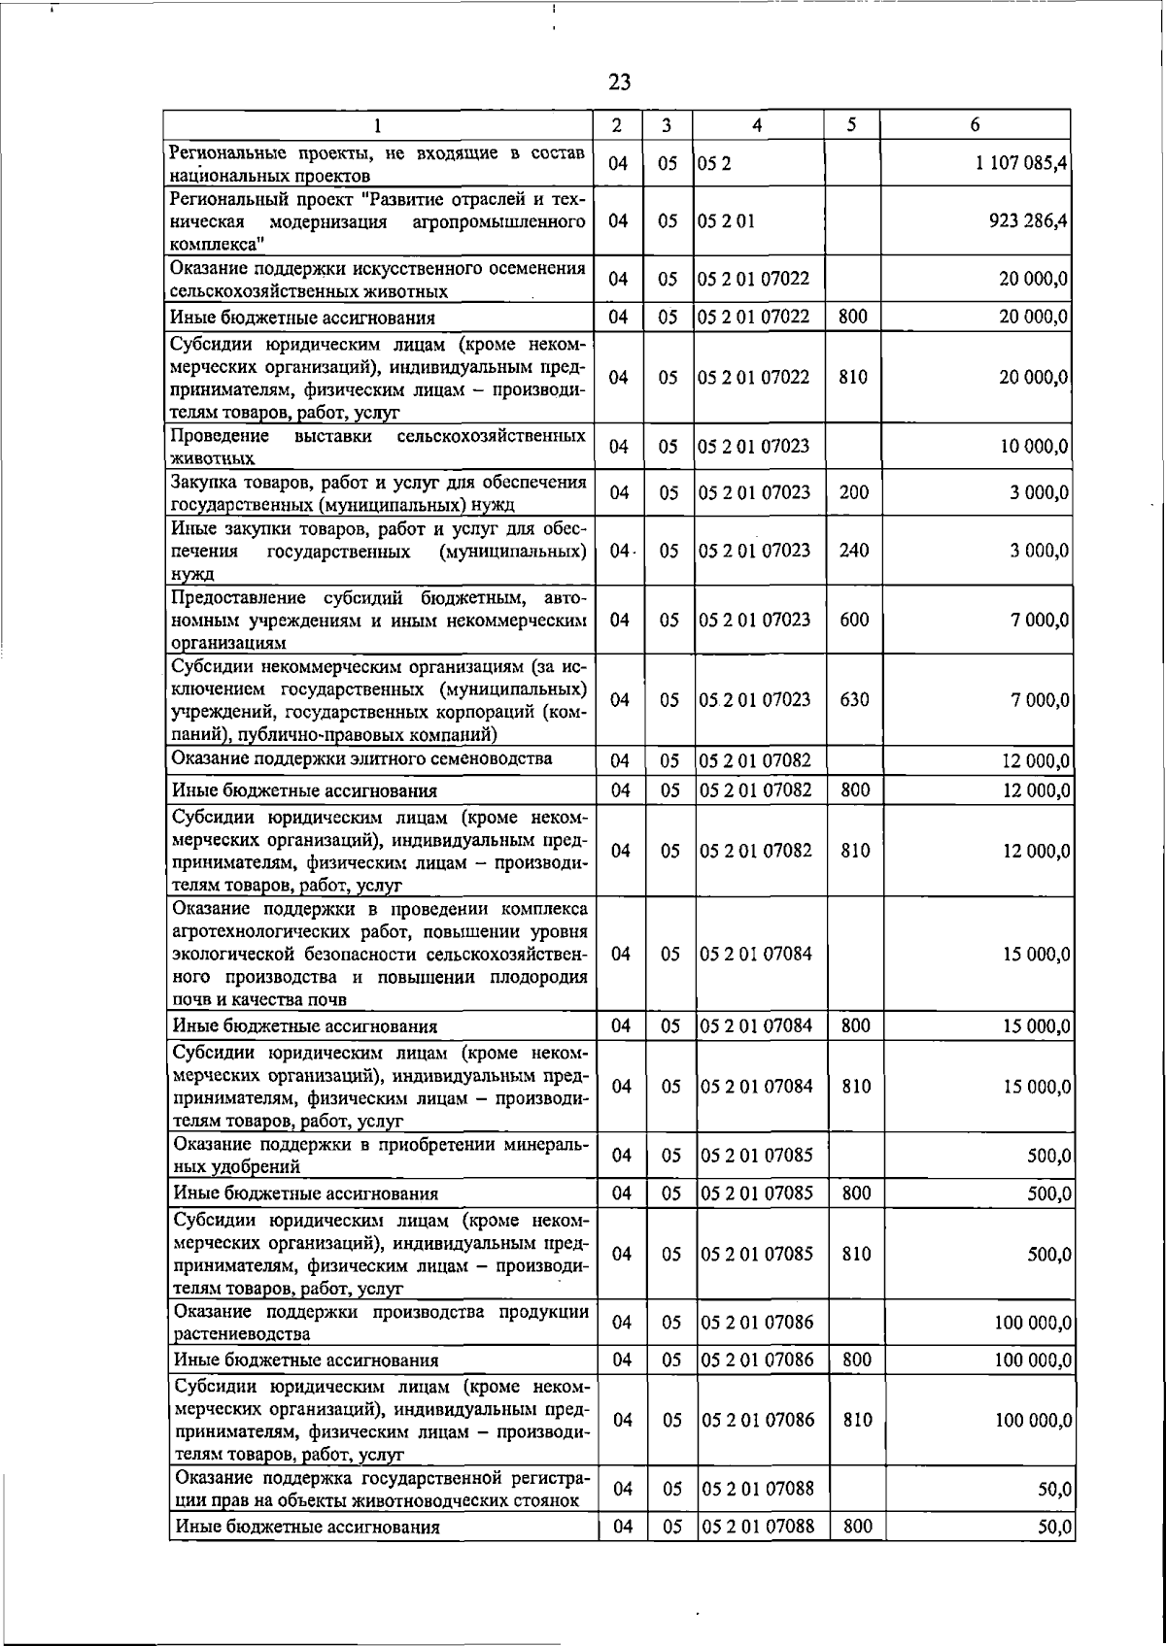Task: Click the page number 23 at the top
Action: pos(619,83)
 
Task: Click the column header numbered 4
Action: pos(757,124)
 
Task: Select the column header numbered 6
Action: pos(975,124)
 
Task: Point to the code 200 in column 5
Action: pos(853,492)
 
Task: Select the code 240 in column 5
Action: pos(853,551)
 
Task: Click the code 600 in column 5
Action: pos(853,620)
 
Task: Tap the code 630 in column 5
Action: pos(853,699)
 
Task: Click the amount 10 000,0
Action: pos(1034,447)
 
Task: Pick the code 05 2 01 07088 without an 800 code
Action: pos(757,1489)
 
